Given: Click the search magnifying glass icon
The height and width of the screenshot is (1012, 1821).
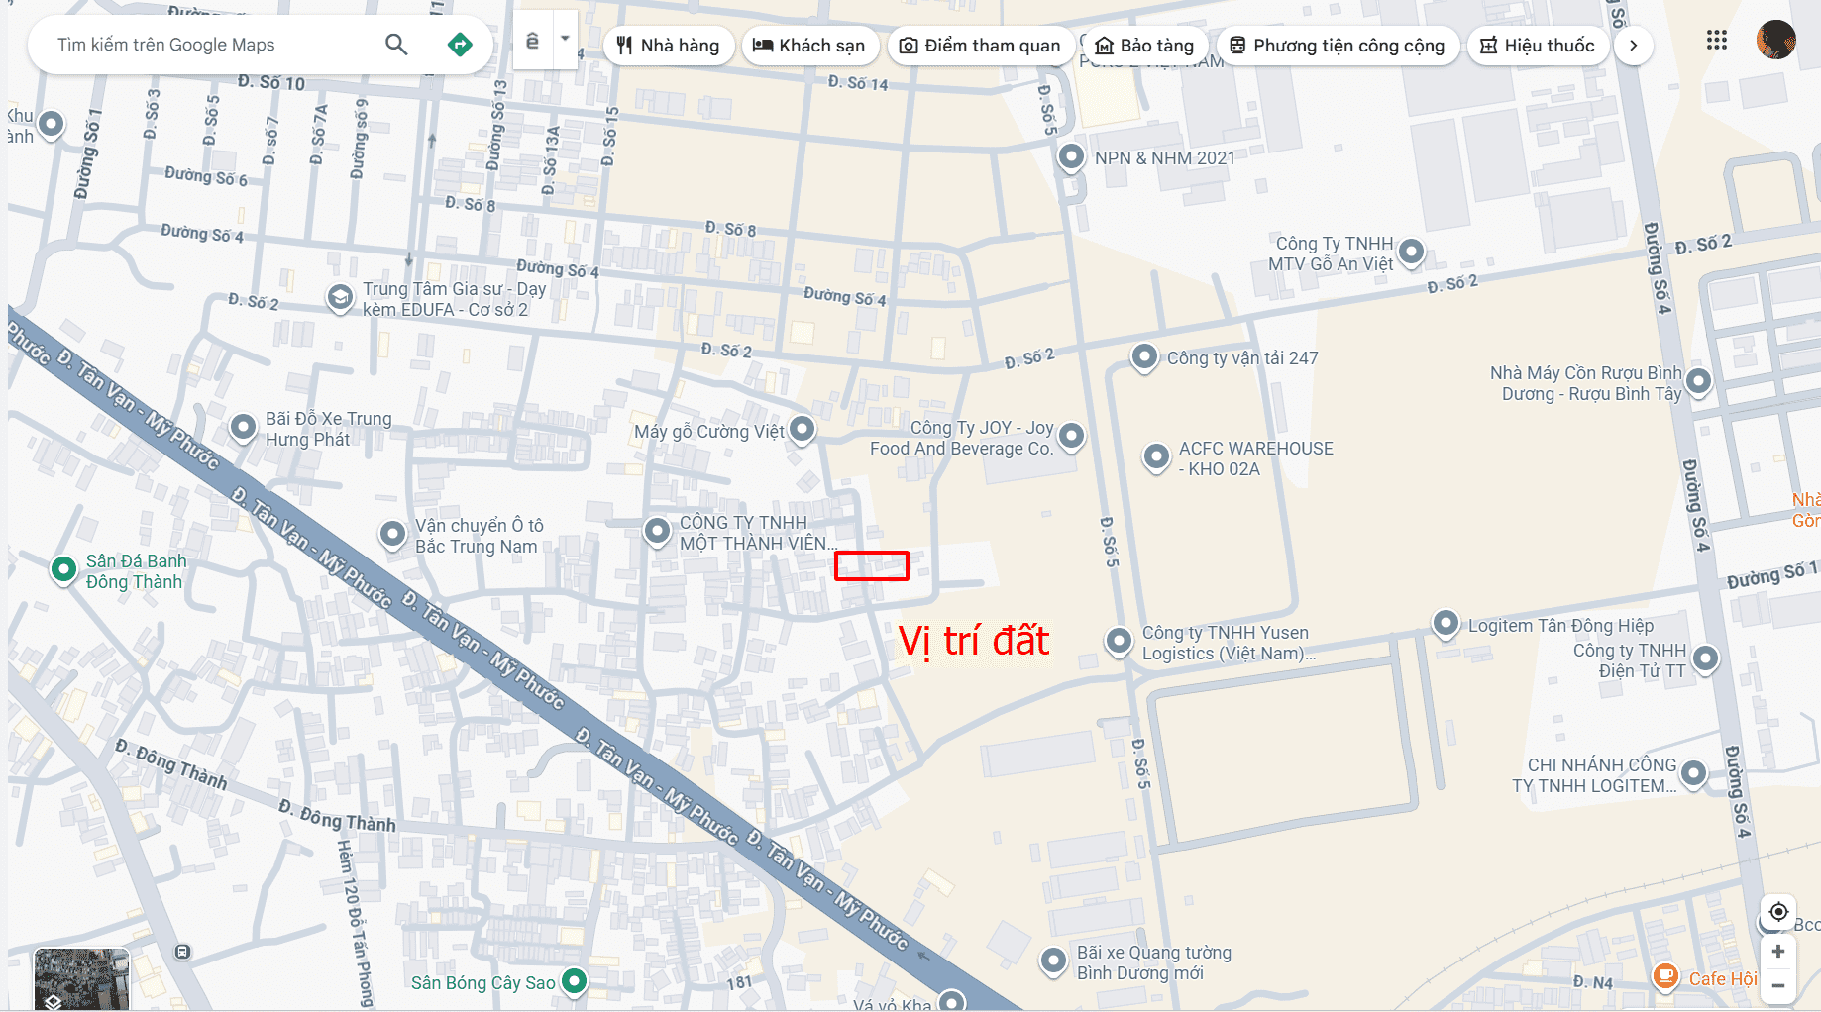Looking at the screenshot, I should coord(396,45).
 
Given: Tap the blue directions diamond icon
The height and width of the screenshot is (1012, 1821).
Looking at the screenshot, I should coord(460,45).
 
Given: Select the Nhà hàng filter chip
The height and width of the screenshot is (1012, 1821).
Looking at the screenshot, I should coord(668,46).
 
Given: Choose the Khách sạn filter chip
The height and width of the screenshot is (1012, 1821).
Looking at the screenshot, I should coord(808,46).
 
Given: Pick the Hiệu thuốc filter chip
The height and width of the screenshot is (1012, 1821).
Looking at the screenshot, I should coord(1538,46).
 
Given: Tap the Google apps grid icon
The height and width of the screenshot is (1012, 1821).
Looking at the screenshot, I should coord(1717,41).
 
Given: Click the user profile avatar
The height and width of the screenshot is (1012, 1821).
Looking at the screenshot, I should coord(1775,41).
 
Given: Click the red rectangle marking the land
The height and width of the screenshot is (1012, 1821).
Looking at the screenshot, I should coord(872,565).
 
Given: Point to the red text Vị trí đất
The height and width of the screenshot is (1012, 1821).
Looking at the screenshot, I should coord(974,641).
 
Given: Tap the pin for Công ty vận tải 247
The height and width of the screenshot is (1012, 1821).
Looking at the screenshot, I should coord(1144,356).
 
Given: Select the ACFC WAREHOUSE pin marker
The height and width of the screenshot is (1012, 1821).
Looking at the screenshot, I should coord(1156,456).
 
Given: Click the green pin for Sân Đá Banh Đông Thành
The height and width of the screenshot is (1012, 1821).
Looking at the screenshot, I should coord(63,569).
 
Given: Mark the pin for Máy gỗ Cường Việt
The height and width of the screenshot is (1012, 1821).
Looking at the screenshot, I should coord(802,429).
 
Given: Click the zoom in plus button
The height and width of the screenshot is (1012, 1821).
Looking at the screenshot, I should coord(1778,952).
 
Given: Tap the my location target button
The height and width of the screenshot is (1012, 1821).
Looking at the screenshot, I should coord(1778,911).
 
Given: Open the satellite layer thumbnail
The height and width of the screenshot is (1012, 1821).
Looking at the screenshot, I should coord(81,979).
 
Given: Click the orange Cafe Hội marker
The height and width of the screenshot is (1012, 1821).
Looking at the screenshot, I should coord(1665,976).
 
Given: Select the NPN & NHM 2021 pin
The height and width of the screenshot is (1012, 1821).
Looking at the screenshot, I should coord(1071,156).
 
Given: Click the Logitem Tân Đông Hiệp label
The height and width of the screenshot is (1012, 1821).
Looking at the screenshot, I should coord(1560,626).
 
